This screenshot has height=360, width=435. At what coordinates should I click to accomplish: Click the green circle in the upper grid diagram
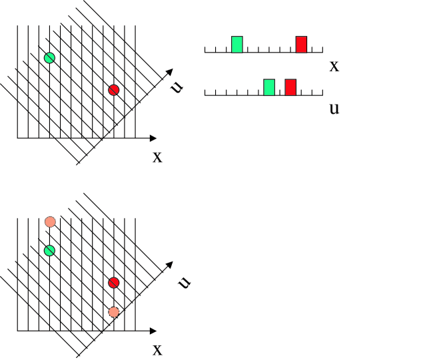point(49,58)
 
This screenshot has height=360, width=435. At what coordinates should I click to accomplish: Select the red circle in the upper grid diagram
point(113,90)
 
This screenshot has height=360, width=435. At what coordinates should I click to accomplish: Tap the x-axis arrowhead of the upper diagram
point(154,138)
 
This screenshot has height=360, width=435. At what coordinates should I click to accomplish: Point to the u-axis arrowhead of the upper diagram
point(170,71)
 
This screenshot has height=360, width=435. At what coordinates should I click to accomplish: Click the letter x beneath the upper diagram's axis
point(157,157)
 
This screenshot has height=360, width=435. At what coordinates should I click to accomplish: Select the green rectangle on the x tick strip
point(237,44)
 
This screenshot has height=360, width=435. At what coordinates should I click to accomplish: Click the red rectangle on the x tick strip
point(302,44)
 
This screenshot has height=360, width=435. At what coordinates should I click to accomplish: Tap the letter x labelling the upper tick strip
point(334,65)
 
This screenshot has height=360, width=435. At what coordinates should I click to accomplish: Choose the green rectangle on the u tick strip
point(269,87)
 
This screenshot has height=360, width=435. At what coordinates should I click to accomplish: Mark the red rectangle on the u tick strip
point(290,87)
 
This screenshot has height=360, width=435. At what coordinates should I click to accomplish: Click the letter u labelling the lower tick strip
point(334,108)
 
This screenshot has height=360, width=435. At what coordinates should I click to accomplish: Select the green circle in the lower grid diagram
point(49,250)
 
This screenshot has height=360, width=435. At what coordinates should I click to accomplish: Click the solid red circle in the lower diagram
point(113,283)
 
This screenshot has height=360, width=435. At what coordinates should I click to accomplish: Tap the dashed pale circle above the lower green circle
point(49,222)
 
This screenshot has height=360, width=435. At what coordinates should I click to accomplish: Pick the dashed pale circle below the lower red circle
point(114,311)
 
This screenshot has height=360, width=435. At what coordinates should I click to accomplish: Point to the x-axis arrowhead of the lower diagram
point(154,331)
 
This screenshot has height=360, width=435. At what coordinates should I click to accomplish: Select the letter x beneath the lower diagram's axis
point(157,349)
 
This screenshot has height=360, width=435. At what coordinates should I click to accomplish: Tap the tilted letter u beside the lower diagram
point(185,282)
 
